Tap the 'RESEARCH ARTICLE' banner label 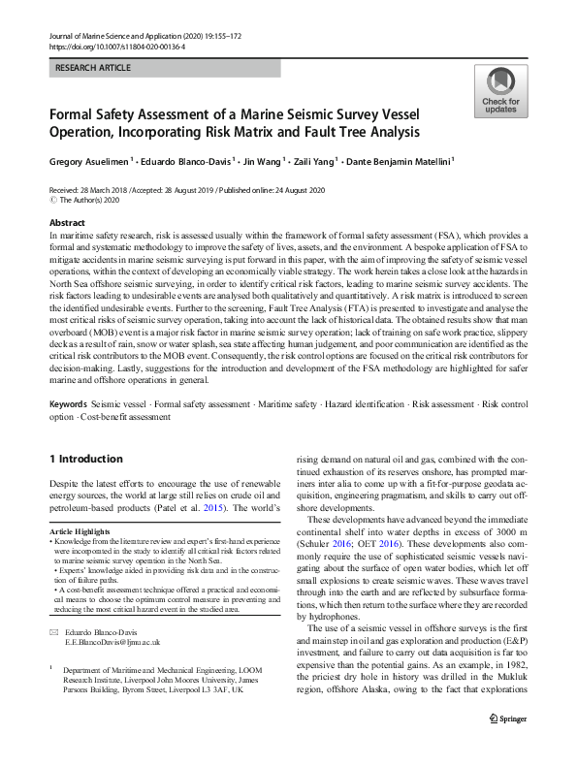point(94,68)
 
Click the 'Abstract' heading point(66,222)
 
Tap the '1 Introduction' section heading point(85,458)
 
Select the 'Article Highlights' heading point(81,532)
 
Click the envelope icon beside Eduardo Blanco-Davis point(53,631)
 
